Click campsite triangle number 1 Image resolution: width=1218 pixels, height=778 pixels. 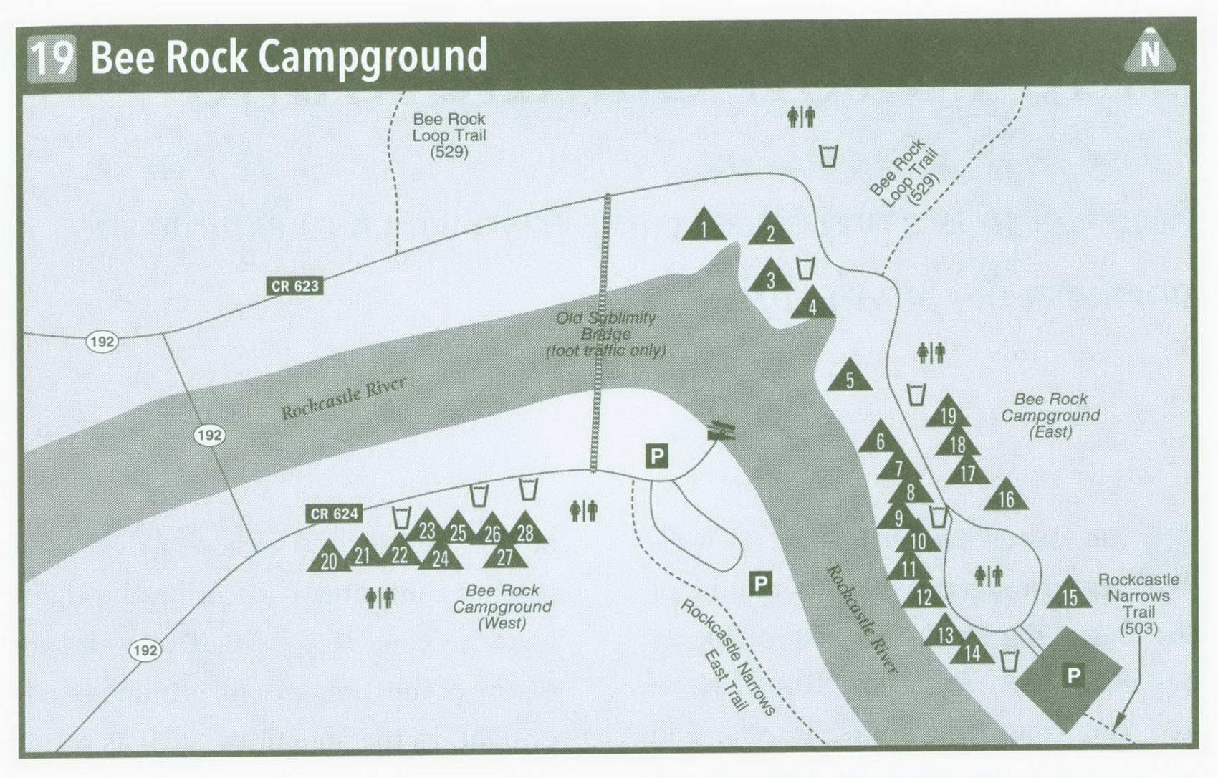point(704,226)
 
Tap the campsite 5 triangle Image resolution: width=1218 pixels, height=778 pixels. point(850,377)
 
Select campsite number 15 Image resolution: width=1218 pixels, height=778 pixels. point(1069,595)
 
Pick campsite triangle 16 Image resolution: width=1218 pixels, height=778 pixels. point(1006,496)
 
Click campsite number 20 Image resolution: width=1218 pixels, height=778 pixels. point(329,559)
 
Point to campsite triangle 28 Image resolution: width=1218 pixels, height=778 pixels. point(525,530)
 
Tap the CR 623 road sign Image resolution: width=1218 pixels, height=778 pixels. point(294,286)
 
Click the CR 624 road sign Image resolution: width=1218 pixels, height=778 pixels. point(334,514)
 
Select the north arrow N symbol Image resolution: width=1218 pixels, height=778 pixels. point(1149,52)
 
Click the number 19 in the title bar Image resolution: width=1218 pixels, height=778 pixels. point(52,57)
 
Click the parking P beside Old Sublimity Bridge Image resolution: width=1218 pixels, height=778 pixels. point(656,456)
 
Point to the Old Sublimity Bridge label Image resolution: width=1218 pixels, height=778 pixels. point(605,334)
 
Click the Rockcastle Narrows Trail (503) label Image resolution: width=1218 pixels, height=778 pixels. point(1138,603)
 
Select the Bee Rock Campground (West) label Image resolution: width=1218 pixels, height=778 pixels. point(502,606)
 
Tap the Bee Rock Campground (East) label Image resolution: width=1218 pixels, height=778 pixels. point(1050,415)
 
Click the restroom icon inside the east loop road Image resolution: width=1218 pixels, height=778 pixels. point(989,575)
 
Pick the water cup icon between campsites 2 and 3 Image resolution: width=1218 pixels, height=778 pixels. point(805,268)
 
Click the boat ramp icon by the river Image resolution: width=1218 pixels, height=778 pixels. point(721,431)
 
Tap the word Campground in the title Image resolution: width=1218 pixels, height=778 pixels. point(373,57)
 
